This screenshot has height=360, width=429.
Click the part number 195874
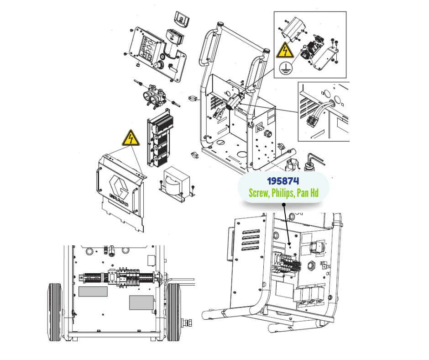click(x=283, y=181)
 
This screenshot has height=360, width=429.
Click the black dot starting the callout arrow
click(x=284, y=204)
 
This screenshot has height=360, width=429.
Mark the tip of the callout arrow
click(x=289, y=245)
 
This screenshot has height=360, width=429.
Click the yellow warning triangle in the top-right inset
click(x=285, y=50)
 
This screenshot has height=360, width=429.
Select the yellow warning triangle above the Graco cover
click(x=131, y=138)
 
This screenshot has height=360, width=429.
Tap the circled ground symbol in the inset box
click(x=286, y=68)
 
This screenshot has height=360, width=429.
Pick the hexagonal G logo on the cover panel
click(x=119, y=185)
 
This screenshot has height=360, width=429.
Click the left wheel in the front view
click(x=55, y=312)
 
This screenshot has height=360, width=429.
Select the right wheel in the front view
click(x=173, y=312)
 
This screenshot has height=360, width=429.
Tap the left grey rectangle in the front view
click(x=93, y=291)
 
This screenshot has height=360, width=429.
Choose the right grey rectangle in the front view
click(x=141, y=303)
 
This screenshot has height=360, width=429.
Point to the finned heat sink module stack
click(x=160, y=138)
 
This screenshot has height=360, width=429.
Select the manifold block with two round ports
click(x=154, y=96)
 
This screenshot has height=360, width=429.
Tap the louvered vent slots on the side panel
click(x=251, y=240)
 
